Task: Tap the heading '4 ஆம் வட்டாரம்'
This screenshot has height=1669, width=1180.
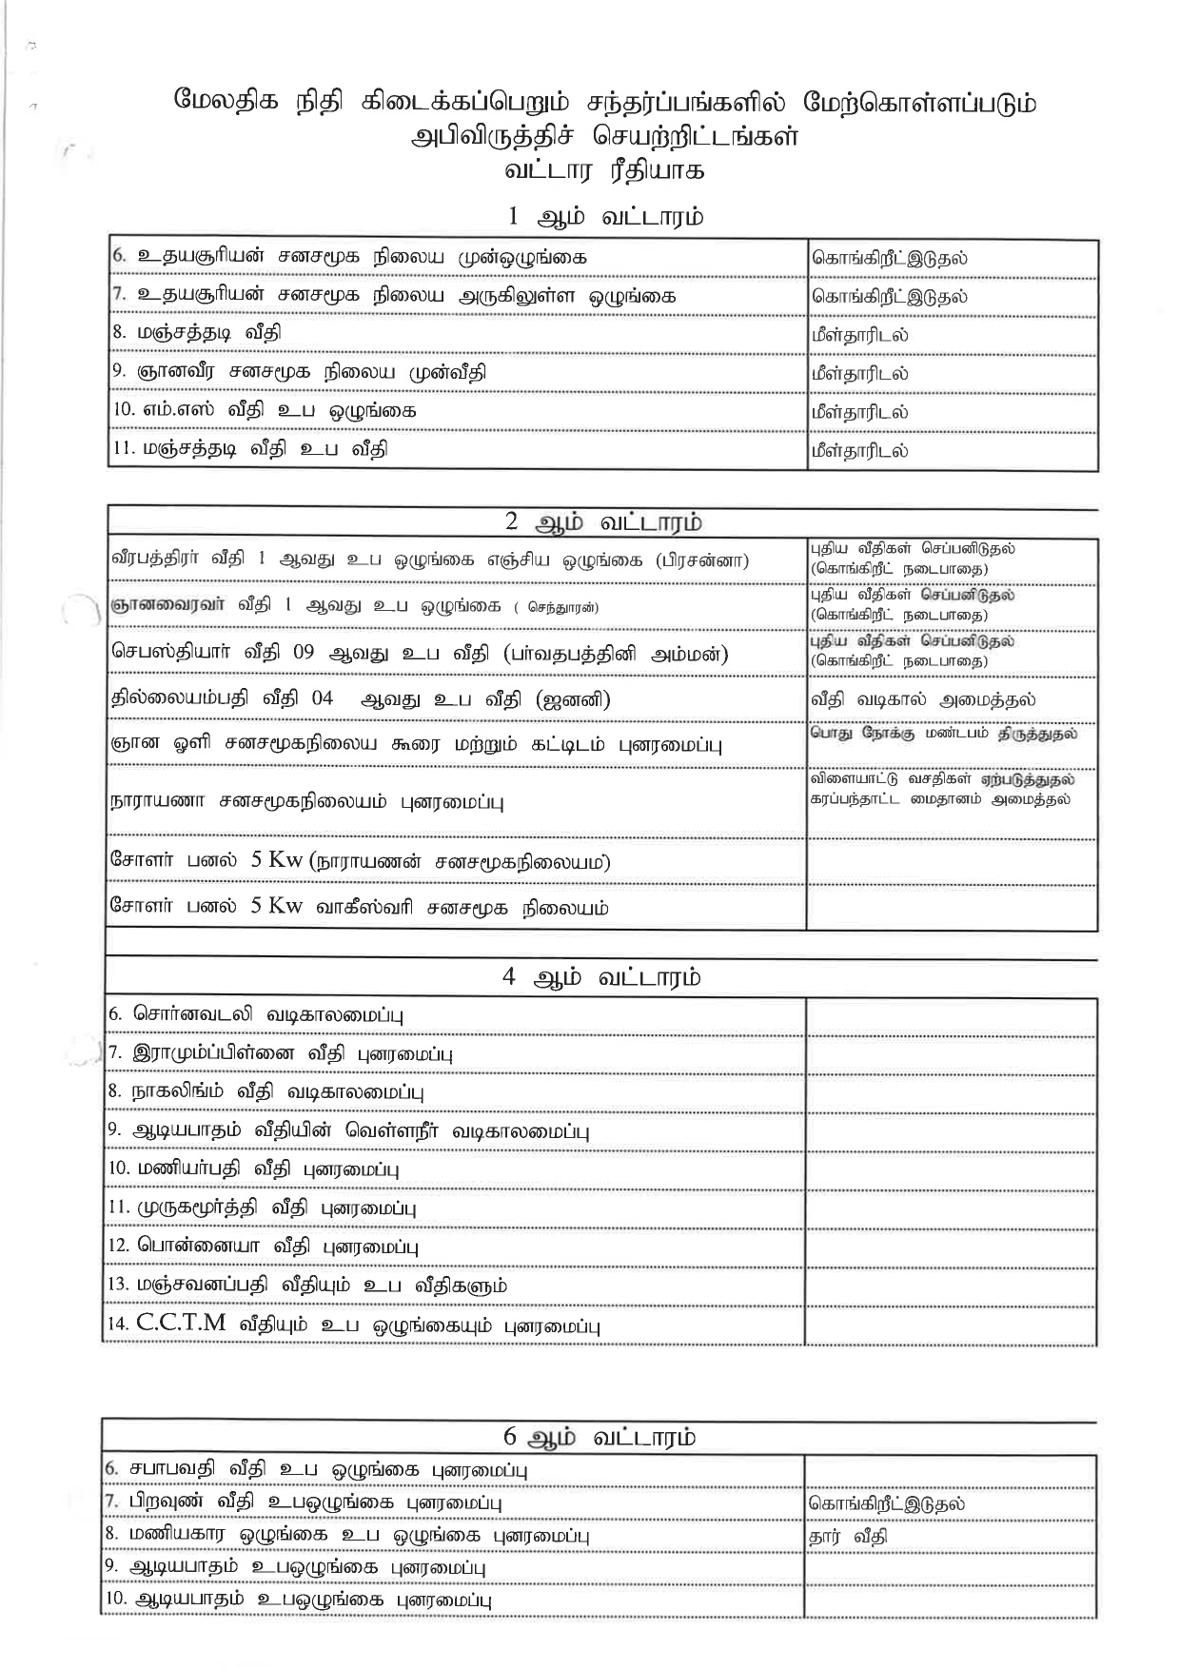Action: click(x=602, y=977)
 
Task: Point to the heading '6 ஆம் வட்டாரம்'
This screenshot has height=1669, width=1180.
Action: click(x=600, y=1436)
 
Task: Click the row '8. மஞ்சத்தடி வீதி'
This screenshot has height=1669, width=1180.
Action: click(x=197, y=333)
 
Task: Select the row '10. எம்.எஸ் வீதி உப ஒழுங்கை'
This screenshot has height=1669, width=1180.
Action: click(x=265, y=411)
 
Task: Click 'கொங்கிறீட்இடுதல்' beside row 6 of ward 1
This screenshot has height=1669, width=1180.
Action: click(x=889, y=258)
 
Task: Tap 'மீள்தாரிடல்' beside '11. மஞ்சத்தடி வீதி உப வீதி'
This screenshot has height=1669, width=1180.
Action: click(x=859, y=450)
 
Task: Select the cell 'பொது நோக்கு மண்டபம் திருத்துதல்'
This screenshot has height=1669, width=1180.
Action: click(x=943, y=735)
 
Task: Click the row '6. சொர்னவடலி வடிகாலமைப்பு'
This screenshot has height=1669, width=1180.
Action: click(x=257, y=1014)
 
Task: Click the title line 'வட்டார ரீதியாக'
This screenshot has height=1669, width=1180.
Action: click(x=604, y=171)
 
